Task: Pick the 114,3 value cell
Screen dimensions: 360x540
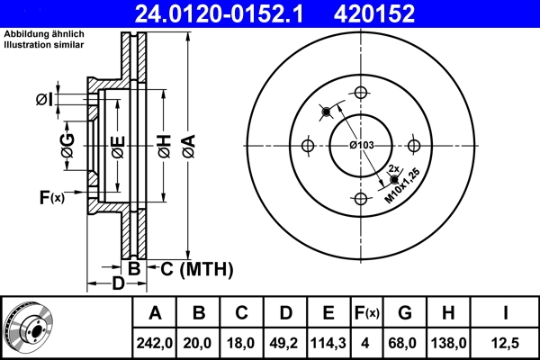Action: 328,342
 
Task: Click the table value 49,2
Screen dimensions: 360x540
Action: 285,342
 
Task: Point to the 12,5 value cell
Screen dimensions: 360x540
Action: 507,342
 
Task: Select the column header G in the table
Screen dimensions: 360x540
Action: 406,313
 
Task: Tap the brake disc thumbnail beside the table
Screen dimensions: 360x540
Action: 29,326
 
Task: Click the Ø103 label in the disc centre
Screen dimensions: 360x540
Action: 362,146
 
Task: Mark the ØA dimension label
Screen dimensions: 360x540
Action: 187,144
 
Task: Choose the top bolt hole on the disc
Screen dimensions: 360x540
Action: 362,92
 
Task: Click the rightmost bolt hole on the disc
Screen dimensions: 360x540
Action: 415,145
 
